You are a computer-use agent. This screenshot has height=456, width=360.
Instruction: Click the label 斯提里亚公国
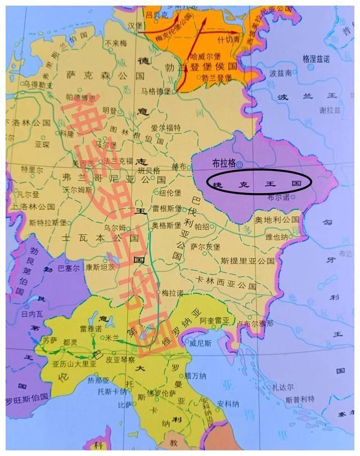[x=247, y=261]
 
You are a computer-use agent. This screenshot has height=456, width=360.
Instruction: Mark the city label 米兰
[x=112, y=337]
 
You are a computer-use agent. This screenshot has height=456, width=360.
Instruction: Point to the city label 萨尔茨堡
[x=206, y=246]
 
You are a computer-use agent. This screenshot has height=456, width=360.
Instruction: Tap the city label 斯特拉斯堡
[x=40, y=222]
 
